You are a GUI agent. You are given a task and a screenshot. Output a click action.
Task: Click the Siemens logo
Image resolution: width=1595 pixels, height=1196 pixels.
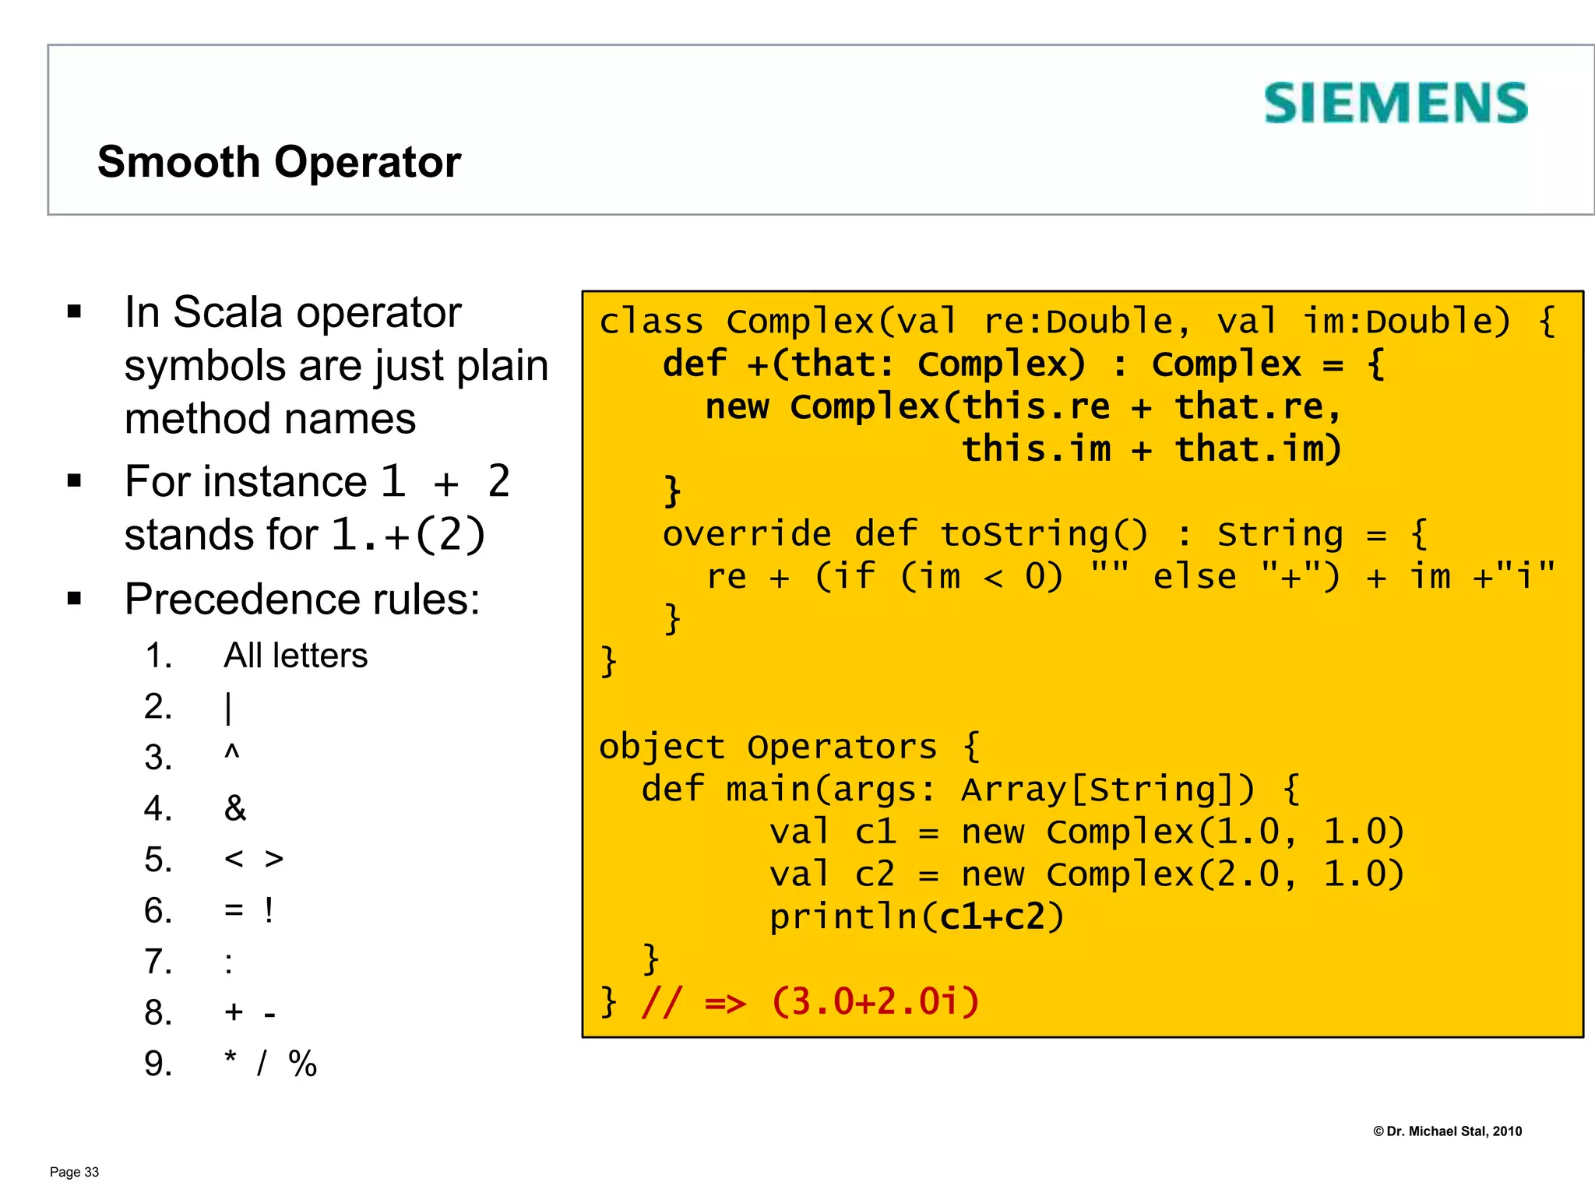coord(1395,104)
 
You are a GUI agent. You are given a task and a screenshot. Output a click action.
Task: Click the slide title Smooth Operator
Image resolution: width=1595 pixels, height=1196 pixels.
coord(279,162)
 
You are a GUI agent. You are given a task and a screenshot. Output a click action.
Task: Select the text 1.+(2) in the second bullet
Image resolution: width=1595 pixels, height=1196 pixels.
coord(408,535)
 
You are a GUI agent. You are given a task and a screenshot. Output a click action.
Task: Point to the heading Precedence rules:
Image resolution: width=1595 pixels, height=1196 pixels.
coord(302,600)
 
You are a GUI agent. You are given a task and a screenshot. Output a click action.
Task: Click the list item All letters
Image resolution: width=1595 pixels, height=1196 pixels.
coord(295,656)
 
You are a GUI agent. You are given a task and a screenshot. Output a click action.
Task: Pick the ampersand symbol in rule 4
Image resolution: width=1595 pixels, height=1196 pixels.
coord(234,808)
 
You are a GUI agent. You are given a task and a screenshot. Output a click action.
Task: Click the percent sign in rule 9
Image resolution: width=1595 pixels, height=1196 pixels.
coord(302,1064)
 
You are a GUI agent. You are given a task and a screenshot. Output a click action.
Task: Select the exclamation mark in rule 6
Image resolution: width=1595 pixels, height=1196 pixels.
coord(269,910)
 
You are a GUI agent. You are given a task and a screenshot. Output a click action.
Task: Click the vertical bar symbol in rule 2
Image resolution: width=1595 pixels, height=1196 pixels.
coord(228,708)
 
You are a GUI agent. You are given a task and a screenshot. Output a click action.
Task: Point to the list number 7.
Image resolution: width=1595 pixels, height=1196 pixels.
coord(157,962)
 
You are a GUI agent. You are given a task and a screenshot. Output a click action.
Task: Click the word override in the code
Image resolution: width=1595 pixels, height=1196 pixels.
coord(747,534)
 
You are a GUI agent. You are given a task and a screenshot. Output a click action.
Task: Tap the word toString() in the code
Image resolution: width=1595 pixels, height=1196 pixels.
coord(1044,534)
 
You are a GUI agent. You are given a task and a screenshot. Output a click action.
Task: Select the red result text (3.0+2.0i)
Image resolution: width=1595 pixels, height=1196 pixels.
coord(875,1001)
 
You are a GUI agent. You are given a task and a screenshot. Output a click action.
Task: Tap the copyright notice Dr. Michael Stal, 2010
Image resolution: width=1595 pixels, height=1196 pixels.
coord(1447,1131)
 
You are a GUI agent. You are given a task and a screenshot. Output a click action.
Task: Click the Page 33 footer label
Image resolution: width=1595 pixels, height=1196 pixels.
coord(74,1173)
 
